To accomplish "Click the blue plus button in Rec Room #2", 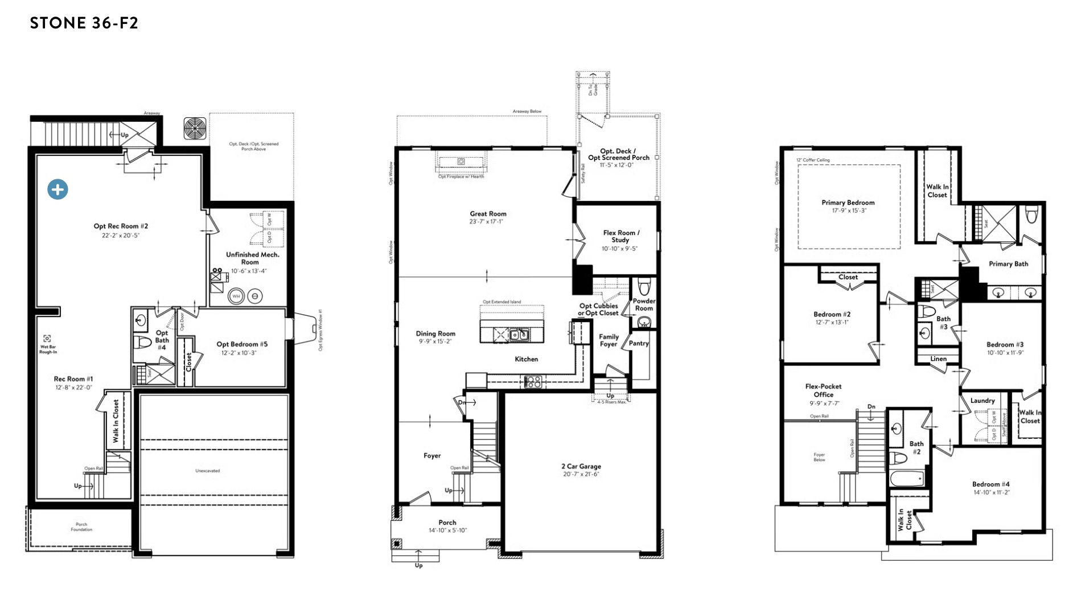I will (57, 190).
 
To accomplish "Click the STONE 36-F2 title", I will (84, 23).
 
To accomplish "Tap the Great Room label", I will (488, 214).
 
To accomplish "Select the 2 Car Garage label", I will (581, 466).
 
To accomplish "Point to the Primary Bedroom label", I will (848, 203).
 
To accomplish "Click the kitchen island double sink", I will (518, 335).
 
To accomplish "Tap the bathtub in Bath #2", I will (907, 479).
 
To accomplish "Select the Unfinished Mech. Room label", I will (252, 258).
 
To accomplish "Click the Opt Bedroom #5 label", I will (242, 344).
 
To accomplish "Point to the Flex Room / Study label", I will (620, 236).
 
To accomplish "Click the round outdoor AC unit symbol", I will (195, 128).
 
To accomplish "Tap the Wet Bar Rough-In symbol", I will (47, 339).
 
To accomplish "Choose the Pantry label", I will (639, 343).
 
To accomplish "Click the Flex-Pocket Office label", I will (823, 390).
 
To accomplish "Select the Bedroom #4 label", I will (990, 484).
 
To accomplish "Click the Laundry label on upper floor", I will (983, 401).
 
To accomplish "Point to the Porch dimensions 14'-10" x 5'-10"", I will (447, 530).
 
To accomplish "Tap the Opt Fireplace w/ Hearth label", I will (461, 176).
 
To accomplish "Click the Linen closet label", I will (938, 359).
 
